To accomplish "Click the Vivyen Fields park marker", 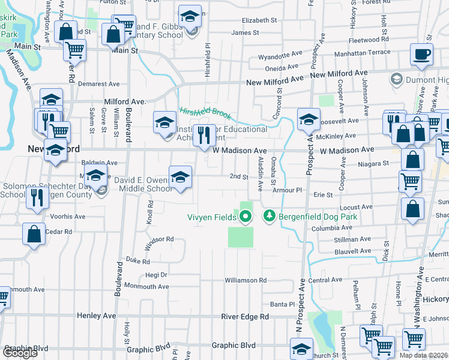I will pyautogui.click(x=245, y=216).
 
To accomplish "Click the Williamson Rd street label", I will pyautogui.click(x=246, y=280).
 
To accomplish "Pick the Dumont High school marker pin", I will pyautogui.click(x=396, y=79).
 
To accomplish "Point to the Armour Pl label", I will pyautogui.click(x=286, y=190).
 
